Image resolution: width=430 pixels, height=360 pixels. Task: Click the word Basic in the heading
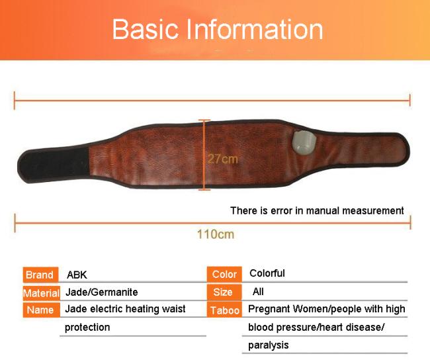(146, 29)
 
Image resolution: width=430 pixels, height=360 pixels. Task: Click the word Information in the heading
(255, 29)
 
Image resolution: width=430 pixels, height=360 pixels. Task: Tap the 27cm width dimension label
(223, 159)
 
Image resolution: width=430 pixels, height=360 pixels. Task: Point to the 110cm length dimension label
(216, 234)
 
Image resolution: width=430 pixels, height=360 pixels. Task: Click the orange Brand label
(40, 275)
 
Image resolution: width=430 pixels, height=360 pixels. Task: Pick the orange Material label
(42, 293)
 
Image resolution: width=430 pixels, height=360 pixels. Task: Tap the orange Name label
(41, 310)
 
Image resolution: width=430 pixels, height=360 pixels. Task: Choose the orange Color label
(224, 274)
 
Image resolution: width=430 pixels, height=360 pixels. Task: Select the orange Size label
(224, 292)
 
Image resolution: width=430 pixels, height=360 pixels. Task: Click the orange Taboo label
(224, 310)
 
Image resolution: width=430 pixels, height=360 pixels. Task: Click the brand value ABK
(77, 275)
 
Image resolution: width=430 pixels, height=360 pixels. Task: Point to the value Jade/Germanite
(102, 292)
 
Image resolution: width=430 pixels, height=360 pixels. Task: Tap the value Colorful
(267, 273)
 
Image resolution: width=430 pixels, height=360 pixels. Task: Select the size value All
(258, 291)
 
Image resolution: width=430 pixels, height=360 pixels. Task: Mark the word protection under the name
(87, 328)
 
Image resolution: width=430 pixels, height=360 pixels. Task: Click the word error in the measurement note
(281, 210)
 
